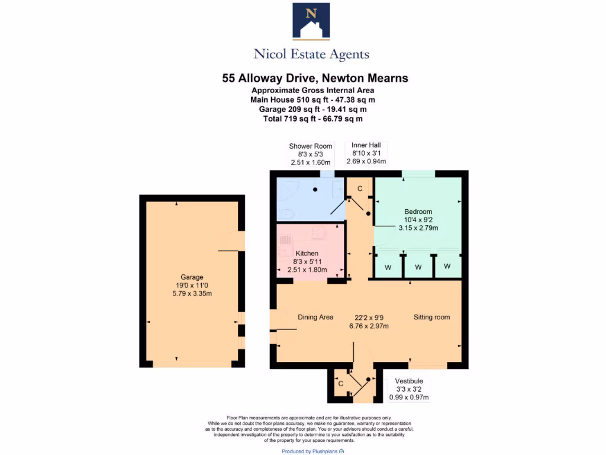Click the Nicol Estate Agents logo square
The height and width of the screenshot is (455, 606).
point(311,21)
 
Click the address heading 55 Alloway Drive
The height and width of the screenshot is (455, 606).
point(315,78)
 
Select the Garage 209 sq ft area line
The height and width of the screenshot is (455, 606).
point(312,109)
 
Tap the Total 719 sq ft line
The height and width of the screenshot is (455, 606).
point(312,118)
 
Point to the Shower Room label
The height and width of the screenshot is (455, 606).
point(310,146)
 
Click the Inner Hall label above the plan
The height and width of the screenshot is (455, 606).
point(366,145)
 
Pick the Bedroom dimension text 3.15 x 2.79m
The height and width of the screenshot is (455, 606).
point(418,227)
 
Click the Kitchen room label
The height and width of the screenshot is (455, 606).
point(307,254)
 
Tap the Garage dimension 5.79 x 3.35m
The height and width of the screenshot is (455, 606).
point(192,293)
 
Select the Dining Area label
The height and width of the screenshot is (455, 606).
point(315,317)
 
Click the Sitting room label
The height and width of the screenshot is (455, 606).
point(431,317)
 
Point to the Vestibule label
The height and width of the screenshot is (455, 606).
point(410,381)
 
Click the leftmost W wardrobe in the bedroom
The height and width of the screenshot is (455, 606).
point(388,267)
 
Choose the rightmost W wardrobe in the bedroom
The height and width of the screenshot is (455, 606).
point(447,267)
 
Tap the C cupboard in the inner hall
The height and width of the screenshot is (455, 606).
point(359,189)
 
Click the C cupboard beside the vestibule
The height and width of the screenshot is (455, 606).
point(340,383)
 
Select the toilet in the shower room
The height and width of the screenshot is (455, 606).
point(284,214)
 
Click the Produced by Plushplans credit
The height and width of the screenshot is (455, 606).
point(312,451)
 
